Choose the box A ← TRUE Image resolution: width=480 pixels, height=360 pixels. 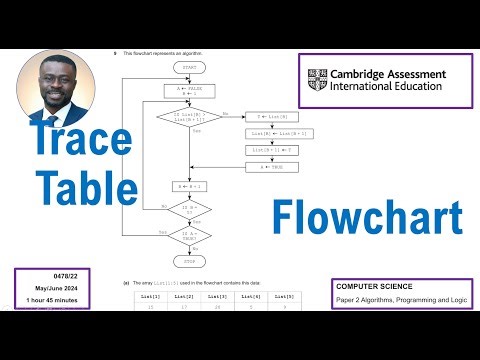(267, 167)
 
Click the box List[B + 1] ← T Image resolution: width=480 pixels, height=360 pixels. (267, 151)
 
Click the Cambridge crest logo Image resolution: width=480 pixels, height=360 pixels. (319, 80)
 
